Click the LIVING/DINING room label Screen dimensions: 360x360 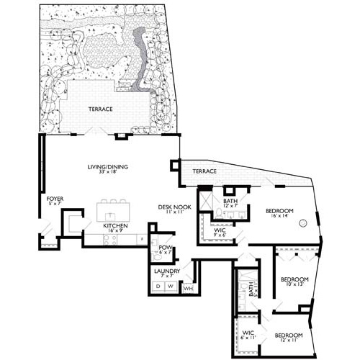point(107,168)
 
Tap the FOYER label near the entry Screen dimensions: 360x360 point(55,198)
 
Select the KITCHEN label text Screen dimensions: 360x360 point(115,227)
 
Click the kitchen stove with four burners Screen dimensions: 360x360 point(109,239)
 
